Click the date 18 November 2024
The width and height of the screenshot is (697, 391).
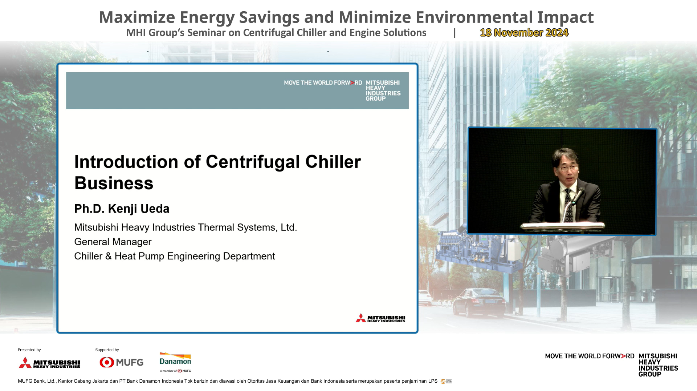[x=524, y=33]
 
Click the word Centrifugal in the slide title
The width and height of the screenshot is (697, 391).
[x=253, y=162]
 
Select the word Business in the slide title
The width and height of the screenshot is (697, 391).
[x=114, y=183]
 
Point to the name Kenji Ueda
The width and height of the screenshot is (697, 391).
[x=139, y=209]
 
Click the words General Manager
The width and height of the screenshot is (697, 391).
[x=113, y=242]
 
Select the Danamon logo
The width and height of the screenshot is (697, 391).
[x=175, y=362]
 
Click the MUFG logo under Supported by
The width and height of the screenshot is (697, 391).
[x=122, y=362]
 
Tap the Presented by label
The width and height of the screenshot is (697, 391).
[x=29, y=350]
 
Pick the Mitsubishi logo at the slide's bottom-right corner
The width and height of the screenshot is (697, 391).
[x=380, y=318]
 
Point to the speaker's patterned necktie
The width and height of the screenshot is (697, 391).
[x=568, y=205]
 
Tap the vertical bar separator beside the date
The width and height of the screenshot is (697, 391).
[x=455, y=33]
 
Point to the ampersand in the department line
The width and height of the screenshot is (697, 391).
[x=109, y=256]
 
